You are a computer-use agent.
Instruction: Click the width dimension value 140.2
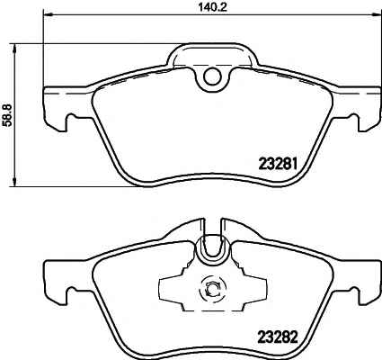(x=212, y=6)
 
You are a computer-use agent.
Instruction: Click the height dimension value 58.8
(x=7, y=115)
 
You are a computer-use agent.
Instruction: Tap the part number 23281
(x=278, y=164)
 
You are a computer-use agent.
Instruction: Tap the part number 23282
(x=278, y=337)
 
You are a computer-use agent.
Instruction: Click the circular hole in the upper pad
(x=212, y=76)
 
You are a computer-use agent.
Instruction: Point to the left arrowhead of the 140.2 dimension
(x=49, y=14)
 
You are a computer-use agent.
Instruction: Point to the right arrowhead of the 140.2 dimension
(x=375, y=14)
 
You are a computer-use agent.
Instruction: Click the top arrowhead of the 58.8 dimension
(x=14, y=49)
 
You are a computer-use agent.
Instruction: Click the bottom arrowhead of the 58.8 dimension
(x=14, y=182)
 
